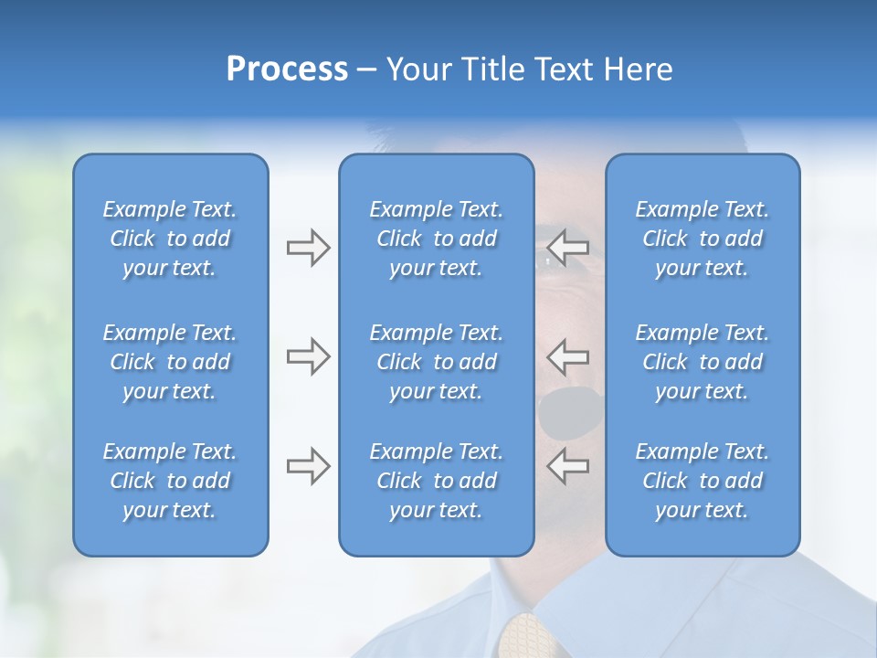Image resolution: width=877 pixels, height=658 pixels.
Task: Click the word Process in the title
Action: coord(287,69)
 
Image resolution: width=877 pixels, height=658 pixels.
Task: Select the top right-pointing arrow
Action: coord(308,248)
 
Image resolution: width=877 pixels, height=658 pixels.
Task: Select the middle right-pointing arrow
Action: coord(308,356)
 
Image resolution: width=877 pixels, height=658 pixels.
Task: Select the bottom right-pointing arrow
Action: coord(308,466)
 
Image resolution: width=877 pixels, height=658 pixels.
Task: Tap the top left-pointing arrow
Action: coord(568,246)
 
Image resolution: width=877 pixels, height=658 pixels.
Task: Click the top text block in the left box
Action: coord(170,239)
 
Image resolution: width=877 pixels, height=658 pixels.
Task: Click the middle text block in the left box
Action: coord(170,362)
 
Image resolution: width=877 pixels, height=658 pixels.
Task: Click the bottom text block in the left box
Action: coord(170,481)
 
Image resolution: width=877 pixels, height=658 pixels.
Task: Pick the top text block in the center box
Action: coord(436,239)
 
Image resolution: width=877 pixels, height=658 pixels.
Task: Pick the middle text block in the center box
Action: coord(436,362)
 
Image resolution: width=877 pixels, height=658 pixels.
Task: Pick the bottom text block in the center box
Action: coord(436,481)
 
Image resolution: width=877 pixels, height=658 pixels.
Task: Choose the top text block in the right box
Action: coord(703,239)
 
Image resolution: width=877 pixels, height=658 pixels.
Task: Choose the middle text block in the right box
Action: coord(703,362)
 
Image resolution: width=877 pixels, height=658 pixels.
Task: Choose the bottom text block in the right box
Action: coord(703,481)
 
